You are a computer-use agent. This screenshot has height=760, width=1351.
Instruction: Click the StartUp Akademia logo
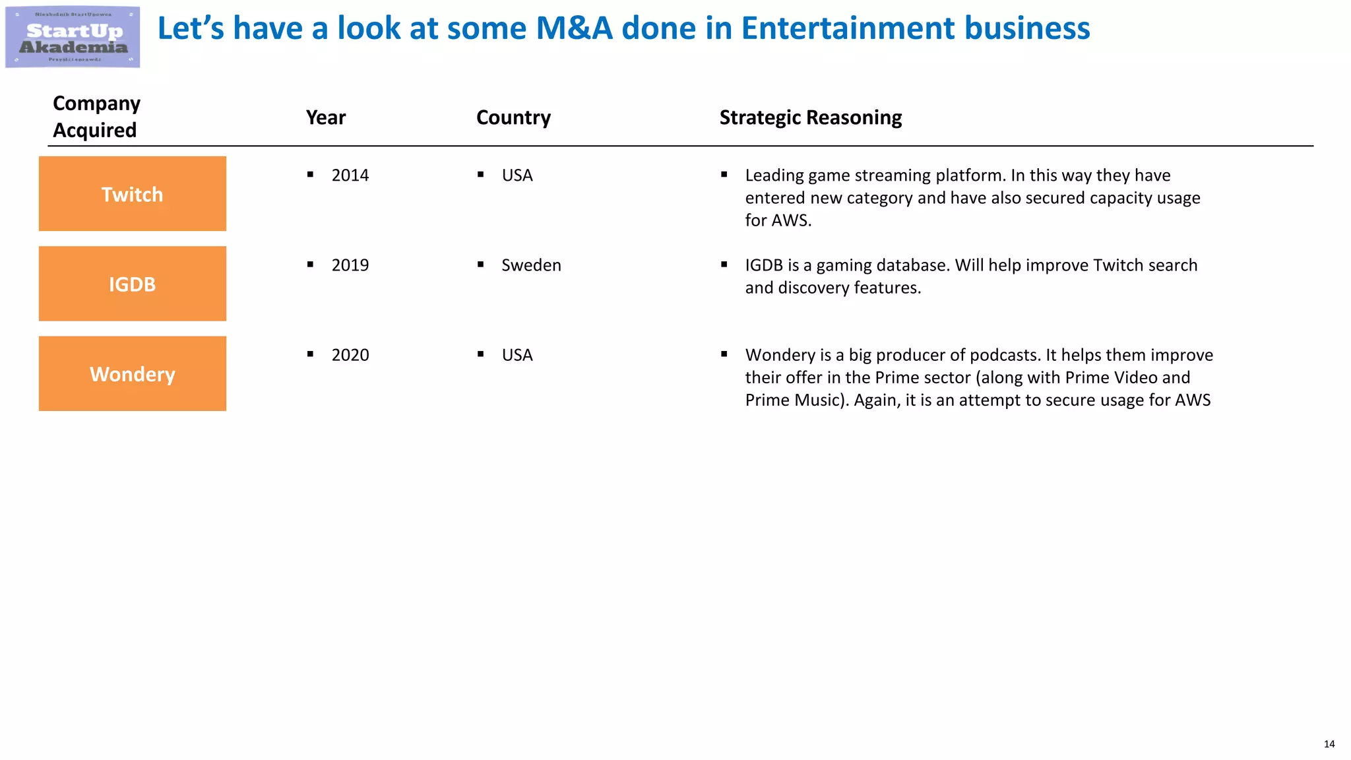[73, 37]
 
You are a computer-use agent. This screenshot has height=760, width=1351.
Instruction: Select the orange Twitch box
[132, 194]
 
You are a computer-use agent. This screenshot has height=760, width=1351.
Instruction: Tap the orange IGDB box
[132, 284]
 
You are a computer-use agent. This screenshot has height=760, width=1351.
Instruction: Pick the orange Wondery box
[132, 374]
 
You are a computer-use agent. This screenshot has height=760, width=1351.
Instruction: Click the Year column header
[325, 117]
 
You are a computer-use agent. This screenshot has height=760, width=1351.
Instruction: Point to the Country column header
[513, 117]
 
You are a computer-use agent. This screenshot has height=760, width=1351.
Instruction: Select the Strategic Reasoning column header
[810, 117]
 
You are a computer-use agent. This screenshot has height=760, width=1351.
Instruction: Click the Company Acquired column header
[96, 117]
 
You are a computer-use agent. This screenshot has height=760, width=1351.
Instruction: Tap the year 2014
[350, 175]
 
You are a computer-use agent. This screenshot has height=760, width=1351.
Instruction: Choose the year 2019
[350, 265]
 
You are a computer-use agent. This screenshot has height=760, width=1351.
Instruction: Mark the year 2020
[350, 355]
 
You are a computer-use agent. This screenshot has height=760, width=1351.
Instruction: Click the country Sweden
[531, 265]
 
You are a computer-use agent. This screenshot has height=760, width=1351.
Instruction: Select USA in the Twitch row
[517, 175]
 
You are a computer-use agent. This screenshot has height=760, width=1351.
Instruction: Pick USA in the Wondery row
[517, 355]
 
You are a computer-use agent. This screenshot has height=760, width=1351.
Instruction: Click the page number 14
[1329, 744]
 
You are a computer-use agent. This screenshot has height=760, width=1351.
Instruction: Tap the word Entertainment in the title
[848, 28]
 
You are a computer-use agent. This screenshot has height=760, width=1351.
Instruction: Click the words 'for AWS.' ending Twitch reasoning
[778, 220]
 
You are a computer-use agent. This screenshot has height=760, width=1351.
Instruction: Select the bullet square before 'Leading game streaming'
[724, 175]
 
